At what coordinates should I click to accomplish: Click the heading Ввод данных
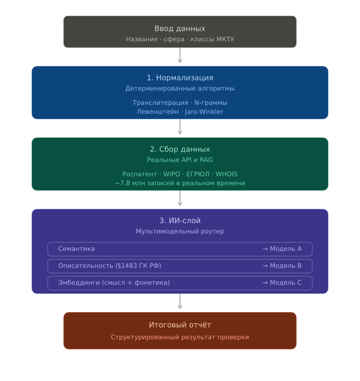pos(180,29)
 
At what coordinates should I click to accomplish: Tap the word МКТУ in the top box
pos(225,39)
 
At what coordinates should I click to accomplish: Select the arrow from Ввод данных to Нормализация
pos(180,55)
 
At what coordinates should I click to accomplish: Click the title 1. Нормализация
pos(180,78)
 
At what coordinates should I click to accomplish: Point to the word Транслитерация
pos(160,103)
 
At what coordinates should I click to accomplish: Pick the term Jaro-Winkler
pos(204,112)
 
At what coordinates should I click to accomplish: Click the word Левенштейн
pos(158,112)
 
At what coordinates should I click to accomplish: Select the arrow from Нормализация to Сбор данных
pos(180,126)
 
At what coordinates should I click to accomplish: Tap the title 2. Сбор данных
pos(180,149)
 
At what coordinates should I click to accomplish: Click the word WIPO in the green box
pos(172,174)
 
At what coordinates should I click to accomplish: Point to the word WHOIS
pos(227,174)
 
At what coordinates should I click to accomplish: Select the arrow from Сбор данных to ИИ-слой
pos(180,198)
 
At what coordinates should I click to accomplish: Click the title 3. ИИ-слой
pos(180,221)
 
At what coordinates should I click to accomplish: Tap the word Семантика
pos(76,249)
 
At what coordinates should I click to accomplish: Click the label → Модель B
pos(282,266)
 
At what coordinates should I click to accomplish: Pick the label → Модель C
pos(282,283)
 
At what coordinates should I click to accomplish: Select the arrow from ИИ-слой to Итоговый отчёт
pos(180,301)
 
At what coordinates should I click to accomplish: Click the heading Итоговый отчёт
pos(180,325)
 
